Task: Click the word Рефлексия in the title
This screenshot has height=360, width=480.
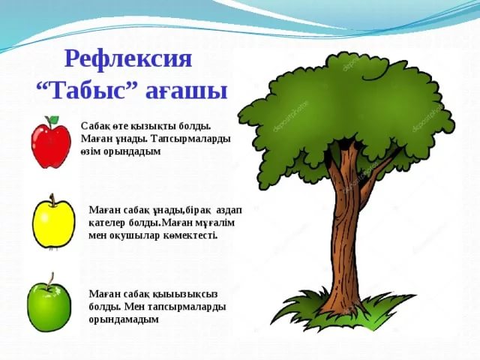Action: (x=128, y=58)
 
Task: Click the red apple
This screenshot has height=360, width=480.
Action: (x=51, y=142)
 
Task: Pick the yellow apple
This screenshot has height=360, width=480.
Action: (x=53, y=223)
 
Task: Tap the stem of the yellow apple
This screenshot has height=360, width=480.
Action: (x=52, y=199)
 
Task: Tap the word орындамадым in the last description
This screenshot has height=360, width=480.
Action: (x=124, y=319)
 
